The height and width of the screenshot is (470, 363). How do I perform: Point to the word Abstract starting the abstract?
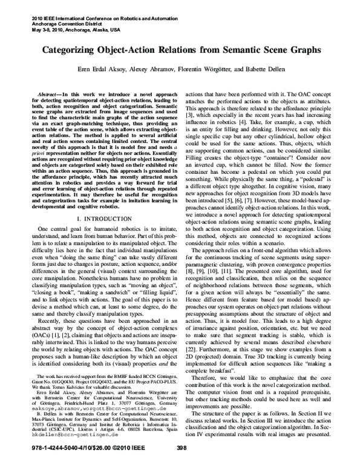tap(51, 96)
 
